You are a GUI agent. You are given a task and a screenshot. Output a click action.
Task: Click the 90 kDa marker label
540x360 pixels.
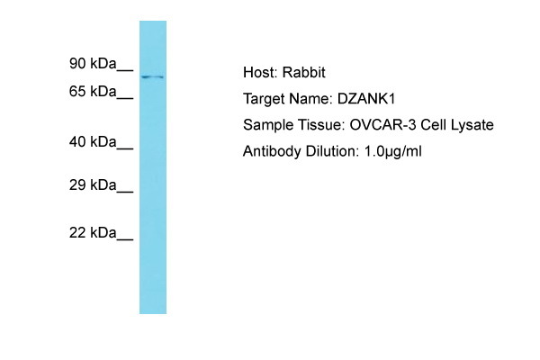tap(93, 63)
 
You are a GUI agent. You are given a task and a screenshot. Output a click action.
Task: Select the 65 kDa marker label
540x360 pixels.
tap(93, 91)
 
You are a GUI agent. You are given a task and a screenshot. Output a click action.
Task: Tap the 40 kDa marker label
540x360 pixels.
tap(93, 141)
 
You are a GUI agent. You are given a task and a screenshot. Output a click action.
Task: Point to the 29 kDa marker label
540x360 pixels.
tap(93, 184)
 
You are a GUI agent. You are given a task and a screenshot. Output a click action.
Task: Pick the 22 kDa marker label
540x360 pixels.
tap(93, 232)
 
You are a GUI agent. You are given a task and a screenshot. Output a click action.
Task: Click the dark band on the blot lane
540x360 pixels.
tap(152, 76)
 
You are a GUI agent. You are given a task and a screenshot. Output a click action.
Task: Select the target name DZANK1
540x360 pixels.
tap(368, 99)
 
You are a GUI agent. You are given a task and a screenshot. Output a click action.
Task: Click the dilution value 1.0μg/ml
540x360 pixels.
tap(392, 151)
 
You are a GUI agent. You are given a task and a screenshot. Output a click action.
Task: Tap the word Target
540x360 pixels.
tap(264, 99)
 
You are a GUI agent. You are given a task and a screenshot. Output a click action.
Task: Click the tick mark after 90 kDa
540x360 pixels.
tap(126, 68)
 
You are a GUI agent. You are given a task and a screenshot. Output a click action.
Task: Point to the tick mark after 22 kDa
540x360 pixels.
tap(126, 238)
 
